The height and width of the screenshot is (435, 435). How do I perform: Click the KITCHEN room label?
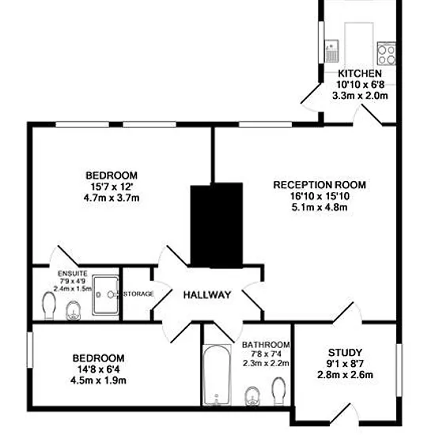point(360,74)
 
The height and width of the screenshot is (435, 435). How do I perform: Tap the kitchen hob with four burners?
point(387,53)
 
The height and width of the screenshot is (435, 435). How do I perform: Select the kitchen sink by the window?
point(331,51)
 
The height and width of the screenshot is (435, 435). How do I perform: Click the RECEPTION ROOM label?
point(320,185)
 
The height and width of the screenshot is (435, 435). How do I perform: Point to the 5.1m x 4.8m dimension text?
point(320,207)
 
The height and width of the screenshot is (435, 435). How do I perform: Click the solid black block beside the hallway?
point(217,225)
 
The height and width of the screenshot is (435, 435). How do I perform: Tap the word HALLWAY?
point(207,295)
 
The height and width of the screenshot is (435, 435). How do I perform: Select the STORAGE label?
point(138,293)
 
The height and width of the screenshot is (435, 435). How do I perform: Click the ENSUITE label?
point(73,274)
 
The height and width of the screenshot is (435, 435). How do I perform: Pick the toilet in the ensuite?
point(49,305)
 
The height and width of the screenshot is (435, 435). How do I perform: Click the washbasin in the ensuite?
point(74,311)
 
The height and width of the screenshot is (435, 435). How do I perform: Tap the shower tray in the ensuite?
point(105,295)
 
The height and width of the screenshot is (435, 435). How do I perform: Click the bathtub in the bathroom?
point(217,375)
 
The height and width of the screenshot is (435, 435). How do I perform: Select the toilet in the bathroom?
point(279,391)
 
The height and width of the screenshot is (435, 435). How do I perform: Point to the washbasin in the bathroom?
point(253,396)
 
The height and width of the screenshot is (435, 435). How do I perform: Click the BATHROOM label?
point(266,345)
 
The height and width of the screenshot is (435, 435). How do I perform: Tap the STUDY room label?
point(345,353)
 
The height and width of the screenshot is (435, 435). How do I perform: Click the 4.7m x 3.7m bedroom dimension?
point(112,198)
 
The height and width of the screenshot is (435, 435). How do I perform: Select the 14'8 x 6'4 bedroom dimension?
point(99,369)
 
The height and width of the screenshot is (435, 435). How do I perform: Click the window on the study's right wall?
point(399,370)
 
